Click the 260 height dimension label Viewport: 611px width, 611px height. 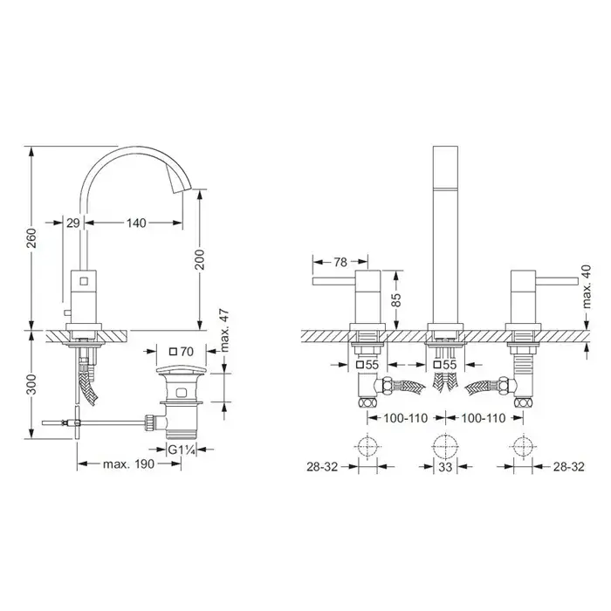31,238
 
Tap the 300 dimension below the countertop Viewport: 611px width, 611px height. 31,384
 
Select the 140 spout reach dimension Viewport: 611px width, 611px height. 136,223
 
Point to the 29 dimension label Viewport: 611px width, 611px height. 72,223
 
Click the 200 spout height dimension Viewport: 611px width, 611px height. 199,259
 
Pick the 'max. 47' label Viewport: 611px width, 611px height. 225,331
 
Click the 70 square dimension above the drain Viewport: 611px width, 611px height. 182,352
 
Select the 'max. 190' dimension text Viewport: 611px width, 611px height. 128,464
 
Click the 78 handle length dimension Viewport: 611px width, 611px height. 340,262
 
